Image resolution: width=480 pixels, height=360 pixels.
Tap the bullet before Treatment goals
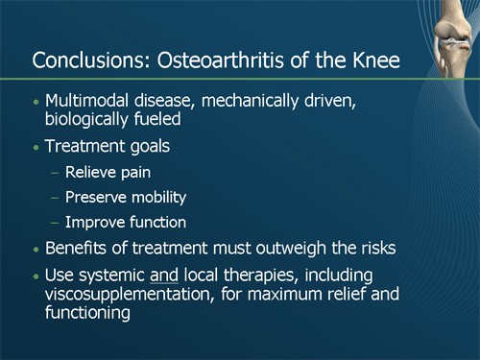(x=36, y=150)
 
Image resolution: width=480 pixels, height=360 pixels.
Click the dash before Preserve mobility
(x=55, y=199)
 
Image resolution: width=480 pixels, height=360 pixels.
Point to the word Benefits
(x=79, y=250)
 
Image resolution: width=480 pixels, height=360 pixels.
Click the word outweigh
(x=301, y=250)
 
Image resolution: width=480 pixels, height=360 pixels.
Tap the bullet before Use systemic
(x=36, y=277)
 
